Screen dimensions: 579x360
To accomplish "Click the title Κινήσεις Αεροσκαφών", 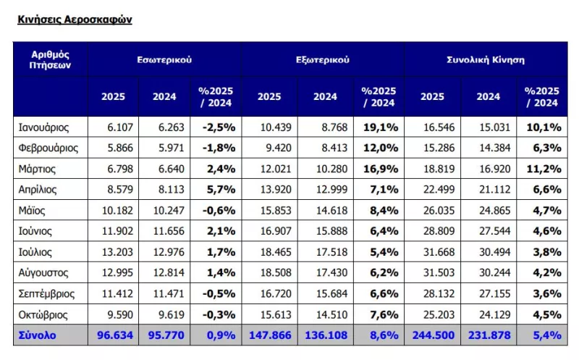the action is click(75, 20).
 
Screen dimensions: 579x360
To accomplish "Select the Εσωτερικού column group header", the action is click(164, 60).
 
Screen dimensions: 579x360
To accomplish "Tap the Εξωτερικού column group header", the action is click(323, 60).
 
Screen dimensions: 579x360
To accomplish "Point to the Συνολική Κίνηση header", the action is click(486, 60).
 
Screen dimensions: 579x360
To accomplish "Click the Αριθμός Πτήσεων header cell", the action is click(50, 60).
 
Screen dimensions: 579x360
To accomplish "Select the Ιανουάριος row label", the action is click(43, 127).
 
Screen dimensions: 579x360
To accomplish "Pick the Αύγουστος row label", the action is click(43, 273).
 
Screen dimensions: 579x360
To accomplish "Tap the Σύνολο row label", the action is click(38, 335).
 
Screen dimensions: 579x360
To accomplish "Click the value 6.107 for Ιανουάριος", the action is click(120, 127).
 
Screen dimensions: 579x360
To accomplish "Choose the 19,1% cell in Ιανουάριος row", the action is click(381, 127).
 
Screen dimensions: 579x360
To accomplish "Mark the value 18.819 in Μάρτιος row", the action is click(439, 169).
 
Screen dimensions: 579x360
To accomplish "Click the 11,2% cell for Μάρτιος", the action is click(544, 169).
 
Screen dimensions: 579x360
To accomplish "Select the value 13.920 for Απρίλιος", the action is click(276, 190).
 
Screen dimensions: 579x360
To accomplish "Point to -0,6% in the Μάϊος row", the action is click(219, 211).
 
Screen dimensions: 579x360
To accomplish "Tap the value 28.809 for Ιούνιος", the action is click(439, 231).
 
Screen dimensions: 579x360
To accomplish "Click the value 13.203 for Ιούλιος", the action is click(117, 252).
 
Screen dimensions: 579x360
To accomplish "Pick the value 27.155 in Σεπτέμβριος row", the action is click(495, 294).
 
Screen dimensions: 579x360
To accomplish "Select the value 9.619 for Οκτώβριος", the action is click(172, 314).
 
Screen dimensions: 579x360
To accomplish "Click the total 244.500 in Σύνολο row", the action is click(434, 335).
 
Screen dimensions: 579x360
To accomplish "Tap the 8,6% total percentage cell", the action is click(384, 335).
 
